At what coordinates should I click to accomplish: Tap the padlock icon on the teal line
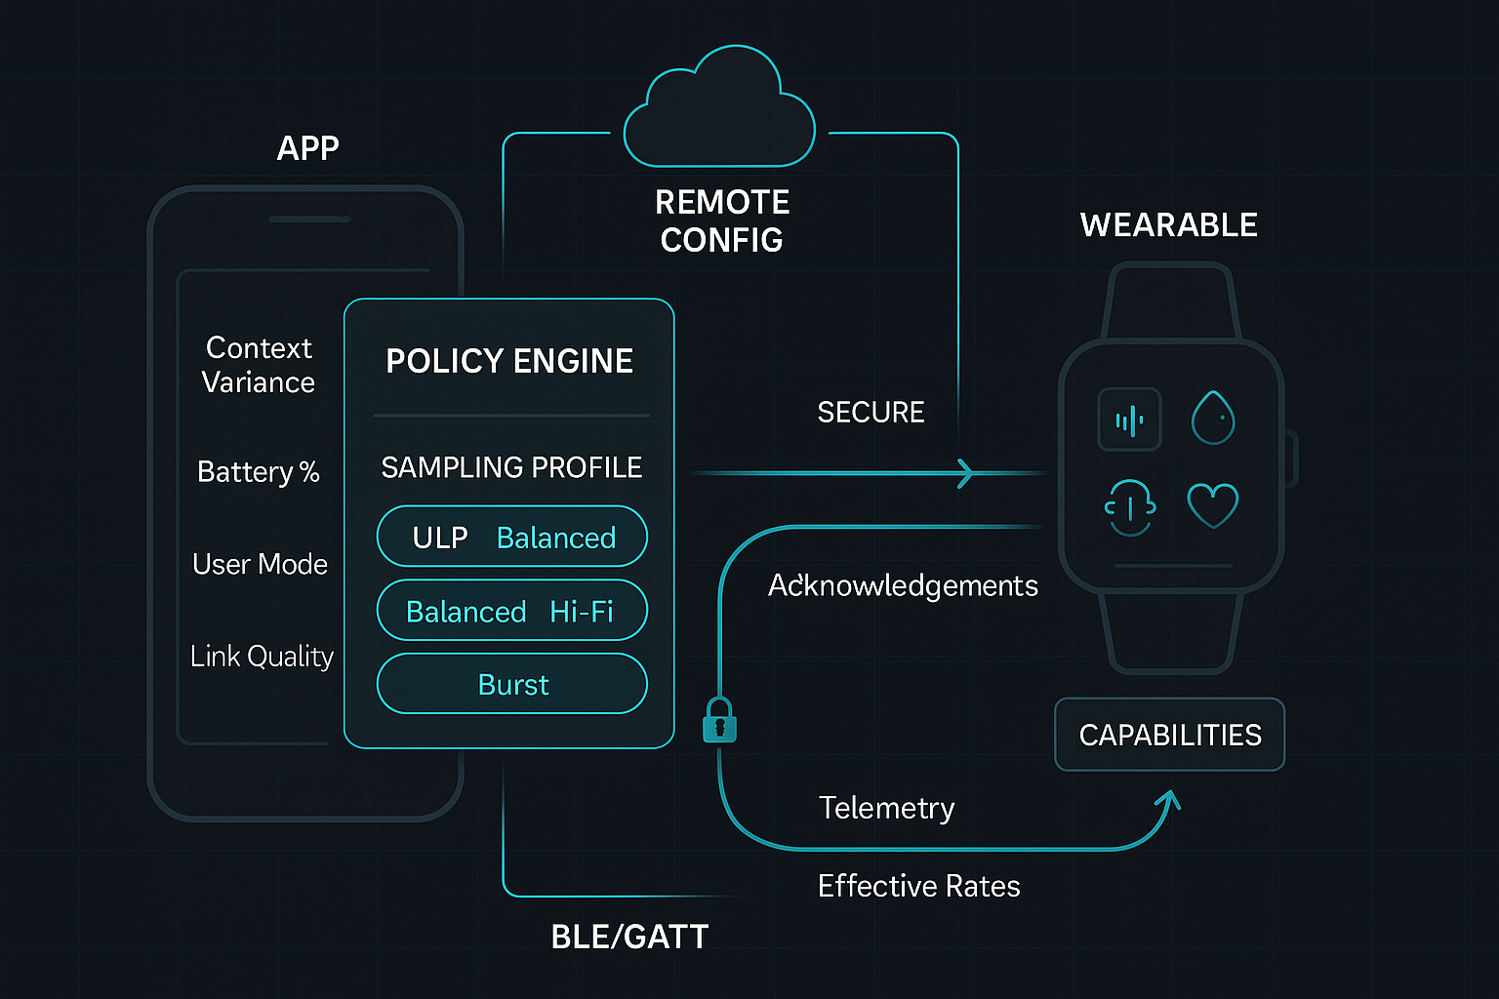pyautogui.click(x=719, y=721)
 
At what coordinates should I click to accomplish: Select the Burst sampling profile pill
pyautogui.click(x=512, y=684)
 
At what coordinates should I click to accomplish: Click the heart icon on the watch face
pyautogui.click(x=1212, y=504)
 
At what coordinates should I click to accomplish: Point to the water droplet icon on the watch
pyautogui.click(x=1213, y=418)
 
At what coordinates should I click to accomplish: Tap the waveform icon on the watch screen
pyautogui.click(x=1129, y=420)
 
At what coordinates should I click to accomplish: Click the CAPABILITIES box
pyautogui.click(x=1169, y=735)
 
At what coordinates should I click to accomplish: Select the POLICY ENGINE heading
pyautogui.click(x=509, y=361)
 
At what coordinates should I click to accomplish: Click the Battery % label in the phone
pyautogui.click(x=259, y=472)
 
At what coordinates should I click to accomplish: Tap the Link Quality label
pyautogui.click(x=262, y=657)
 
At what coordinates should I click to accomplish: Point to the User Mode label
pyautogui.click(x=260, y=564)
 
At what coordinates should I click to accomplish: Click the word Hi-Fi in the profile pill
pyautogui.click(x=582, y=612)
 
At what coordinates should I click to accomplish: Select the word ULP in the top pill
pyautogui.click(x=440, y=538)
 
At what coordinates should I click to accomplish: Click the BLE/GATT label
pyautogui.click(x=629, y=937)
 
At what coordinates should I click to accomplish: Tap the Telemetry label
pyautogui.click(x=886, y=808)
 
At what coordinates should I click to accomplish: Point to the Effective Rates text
pyautogui.click(x=918, y=886)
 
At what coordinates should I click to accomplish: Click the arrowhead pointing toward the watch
pyautogui.click(x=965, y=473)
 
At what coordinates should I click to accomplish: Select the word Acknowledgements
pyautogui.click(x=903, y=585)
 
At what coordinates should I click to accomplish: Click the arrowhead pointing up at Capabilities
pyautogui.click(x=1168, y=800)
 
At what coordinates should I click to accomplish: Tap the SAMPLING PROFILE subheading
pyautogui.click(x=511, y=467)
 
